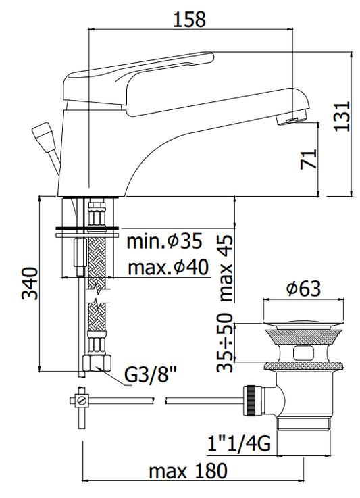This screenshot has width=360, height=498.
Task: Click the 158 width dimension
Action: (190, 19)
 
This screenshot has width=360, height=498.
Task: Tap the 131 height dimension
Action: (342, 116)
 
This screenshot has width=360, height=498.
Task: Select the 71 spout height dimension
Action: (309, 159)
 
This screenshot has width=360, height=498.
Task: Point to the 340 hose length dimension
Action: (30, 284)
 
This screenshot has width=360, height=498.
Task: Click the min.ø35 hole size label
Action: (164, 241)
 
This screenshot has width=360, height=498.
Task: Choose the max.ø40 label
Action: (168, 268)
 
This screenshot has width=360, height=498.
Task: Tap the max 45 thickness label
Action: (227, 269)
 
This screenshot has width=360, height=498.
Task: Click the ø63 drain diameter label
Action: (303, 289)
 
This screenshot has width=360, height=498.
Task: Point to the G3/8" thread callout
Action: (150, 376)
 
